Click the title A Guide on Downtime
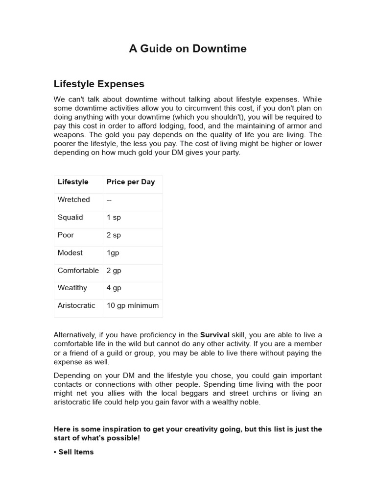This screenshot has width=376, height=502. (188, 49)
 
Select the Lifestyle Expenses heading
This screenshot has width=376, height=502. (99, 84)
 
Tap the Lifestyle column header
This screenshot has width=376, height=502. (73, 182)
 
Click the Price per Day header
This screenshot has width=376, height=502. (131, 182)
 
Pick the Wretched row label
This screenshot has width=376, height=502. (74, 200)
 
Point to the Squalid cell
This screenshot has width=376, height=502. (70, 217)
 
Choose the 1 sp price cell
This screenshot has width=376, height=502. (114, 217)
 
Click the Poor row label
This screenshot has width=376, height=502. (66, 235)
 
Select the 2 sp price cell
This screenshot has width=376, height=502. (114, 235)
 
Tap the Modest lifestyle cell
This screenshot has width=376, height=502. (70, 252)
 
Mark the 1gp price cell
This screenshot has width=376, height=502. (113, 252)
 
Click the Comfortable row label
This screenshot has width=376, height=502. (78, 270)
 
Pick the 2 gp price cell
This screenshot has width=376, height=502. (114, 270)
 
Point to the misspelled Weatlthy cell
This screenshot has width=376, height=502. (72, 288)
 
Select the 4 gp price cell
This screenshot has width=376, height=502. (114, 288)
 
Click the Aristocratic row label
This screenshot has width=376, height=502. (76, 305)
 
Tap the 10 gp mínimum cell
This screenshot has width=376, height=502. (133, 305)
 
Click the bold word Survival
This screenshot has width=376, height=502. (215, 335)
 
